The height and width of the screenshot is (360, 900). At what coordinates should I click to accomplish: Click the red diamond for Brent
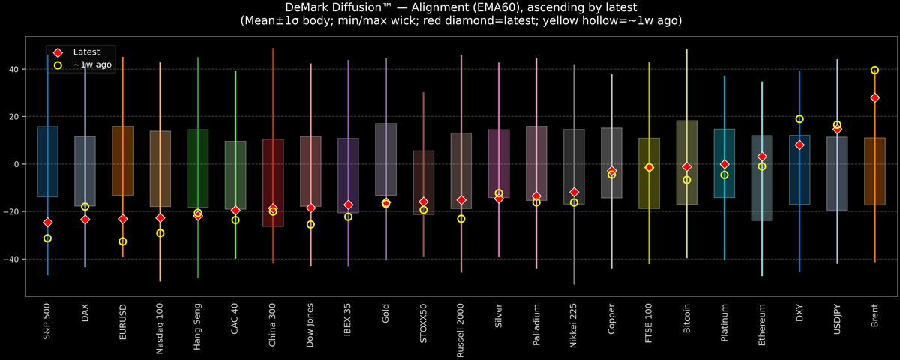pos(874,97)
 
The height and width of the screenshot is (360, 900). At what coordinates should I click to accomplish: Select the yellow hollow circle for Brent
pos(874,70)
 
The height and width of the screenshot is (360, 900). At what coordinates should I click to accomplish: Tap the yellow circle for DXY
pos(799,119)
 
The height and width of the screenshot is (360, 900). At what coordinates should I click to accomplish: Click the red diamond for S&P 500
pos(47,222)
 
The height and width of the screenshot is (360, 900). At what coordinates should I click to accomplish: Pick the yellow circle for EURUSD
pos(122,241)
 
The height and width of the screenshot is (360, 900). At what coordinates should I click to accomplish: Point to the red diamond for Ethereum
pos(762,157)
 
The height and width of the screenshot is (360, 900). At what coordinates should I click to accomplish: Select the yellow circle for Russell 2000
pos(461,219)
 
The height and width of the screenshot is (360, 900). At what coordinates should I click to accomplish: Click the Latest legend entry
pos(86,52)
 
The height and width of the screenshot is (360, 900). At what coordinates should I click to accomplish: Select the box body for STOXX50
pos(424,182)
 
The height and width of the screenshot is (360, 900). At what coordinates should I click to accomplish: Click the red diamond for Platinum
pos(724,164)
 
